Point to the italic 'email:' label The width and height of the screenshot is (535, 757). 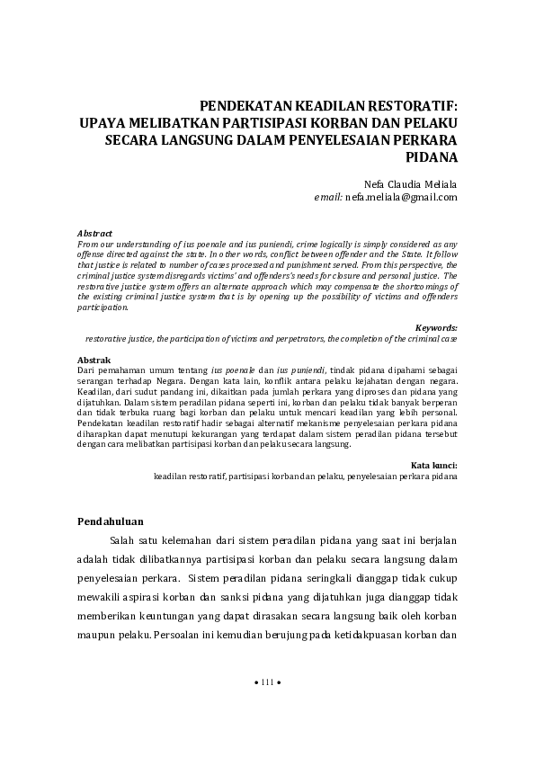[329, 195]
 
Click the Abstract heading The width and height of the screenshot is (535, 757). [94, 233]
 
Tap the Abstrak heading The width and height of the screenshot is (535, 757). [94, 361]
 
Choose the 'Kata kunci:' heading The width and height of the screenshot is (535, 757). [434, 465]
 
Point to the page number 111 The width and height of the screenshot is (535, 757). [267, 708]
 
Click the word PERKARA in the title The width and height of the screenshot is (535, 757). [421, 139]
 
